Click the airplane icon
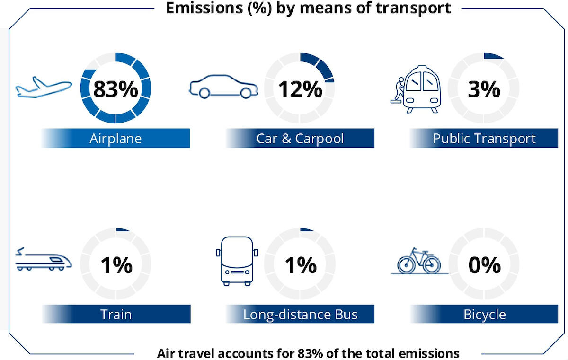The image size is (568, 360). point(44,88)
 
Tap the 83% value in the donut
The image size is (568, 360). point(115,88)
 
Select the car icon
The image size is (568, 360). point(223,87)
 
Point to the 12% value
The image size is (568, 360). point(300,88)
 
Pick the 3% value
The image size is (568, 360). point(484,88)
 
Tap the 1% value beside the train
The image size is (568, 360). point(116,265)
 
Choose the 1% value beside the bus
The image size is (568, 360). point(300,265)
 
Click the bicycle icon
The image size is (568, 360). point(419,261)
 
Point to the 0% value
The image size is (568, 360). point(484,265)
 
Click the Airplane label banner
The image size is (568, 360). point(115,139)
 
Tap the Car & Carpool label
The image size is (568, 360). point(300,139)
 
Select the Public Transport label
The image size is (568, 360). point(484,139)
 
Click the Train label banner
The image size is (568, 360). point(116,314)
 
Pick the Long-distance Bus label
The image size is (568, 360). point(300,314)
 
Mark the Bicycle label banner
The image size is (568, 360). point(484,314)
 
